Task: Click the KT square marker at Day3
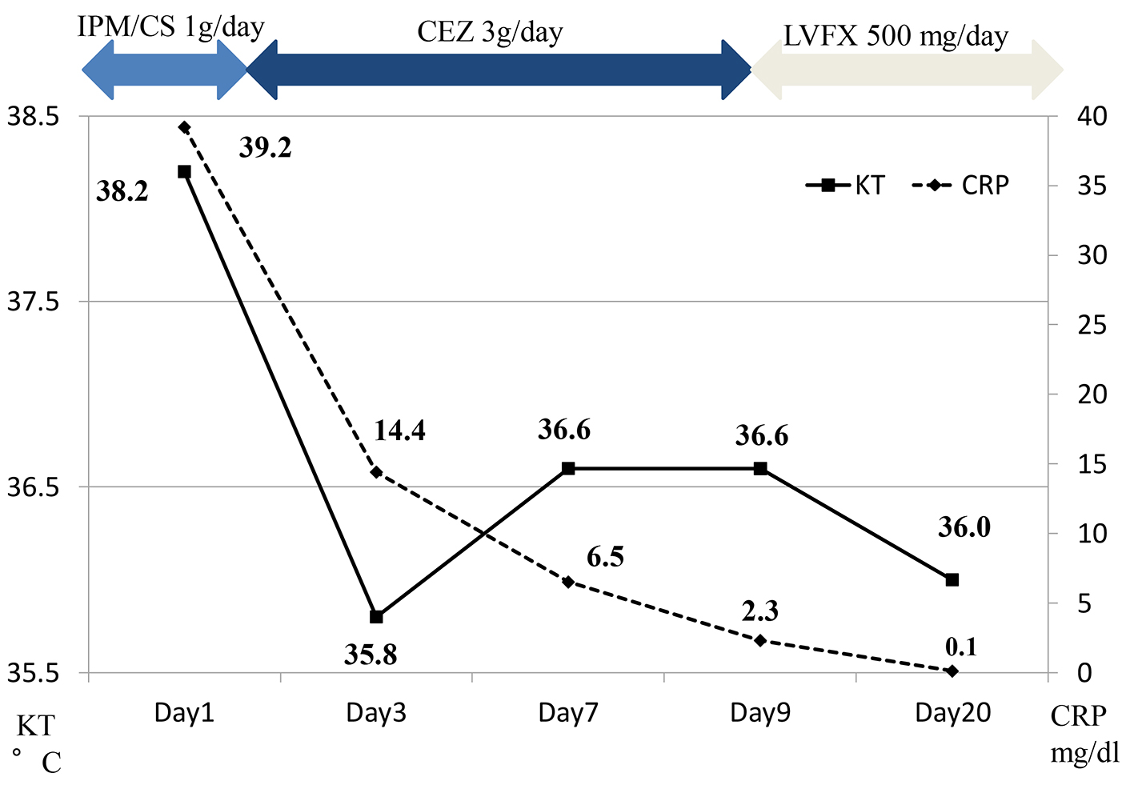point(376,616)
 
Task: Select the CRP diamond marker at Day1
point(184,127)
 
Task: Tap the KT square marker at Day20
point(952,579)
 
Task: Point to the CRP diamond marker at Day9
point(760,640)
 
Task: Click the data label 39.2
point(265,148)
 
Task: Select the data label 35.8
point(371,655)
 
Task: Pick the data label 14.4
point(399,431)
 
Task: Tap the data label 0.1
point(960,646)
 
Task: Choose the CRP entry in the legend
point(961,186)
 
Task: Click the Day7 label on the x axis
point(567,713)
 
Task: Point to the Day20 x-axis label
point(952,713)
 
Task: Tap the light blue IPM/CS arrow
point(165,70)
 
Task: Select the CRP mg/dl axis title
point(1084,735)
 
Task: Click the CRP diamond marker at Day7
point(568,582)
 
